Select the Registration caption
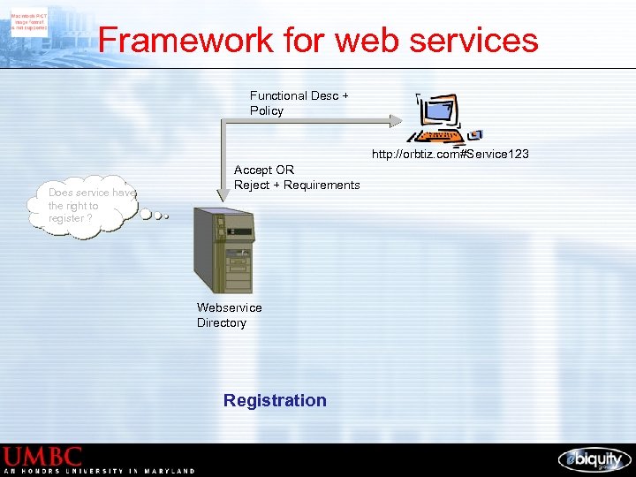275,401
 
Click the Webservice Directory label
229,315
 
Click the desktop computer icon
439,122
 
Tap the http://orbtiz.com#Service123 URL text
450,155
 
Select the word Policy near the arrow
266,111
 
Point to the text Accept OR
264,170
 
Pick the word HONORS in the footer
44,472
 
